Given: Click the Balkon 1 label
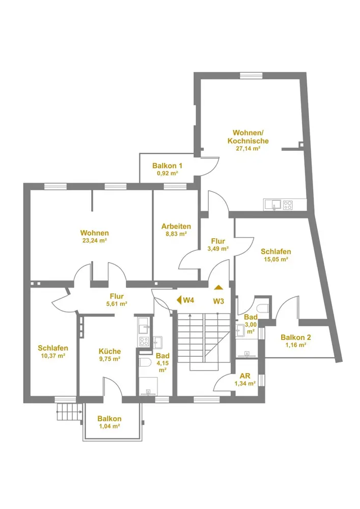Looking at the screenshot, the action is coord(167,165).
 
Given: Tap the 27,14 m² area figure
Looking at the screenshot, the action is coord(248,149).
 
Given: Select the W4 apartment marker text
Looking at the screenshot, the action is coord(188,300).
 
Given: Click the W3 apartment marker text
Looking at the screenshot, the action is coord(218,301).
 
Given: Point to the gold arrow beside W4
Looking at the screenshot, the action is coord(179,300).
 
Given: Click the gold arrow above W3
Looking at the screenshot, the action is coord(218,288).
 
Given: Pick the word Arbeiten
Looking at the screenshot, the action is coord(176,227).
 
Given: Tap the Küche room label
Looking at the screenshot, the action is coord(109,351).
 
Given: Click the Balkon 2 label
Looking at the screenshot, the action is coord(296,337).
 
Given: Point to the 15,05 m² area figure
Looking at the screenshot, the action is coord(275,260).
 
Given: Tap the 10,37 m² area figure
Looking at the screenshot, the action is coord(53,356).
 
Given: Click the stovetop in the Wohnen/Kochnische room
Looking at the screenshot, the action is coord(288,205).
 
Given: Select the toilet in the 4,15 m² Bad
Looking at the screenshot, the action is coord(145,363).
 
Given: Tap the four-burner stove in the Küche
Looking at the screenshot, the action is coord(144,342).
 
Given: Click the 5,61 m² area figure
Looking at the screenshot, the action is coord(116,303).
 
